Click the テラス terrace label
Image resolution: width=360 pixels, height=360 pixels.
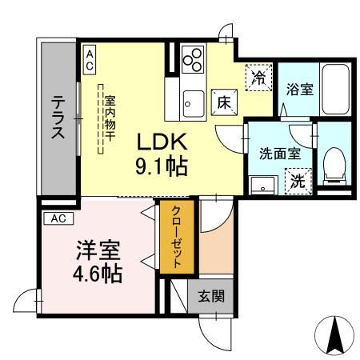point(59,118)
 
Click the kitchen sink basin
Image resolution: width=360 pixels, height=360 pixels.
point(191,102)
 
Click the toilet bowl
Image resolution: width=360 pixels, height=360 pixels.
point(333,164)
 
